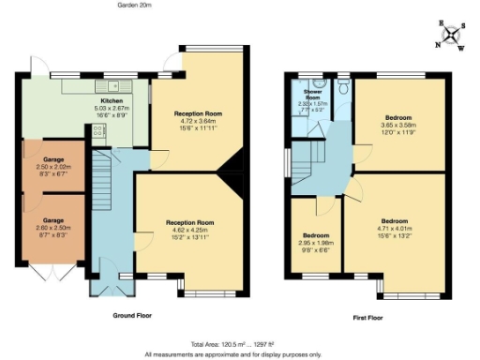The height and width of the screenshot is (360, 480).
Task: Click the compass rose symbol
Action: pos(453,36)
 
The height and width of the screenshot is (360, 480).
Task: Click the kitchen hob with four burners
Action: pos(98,134)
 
